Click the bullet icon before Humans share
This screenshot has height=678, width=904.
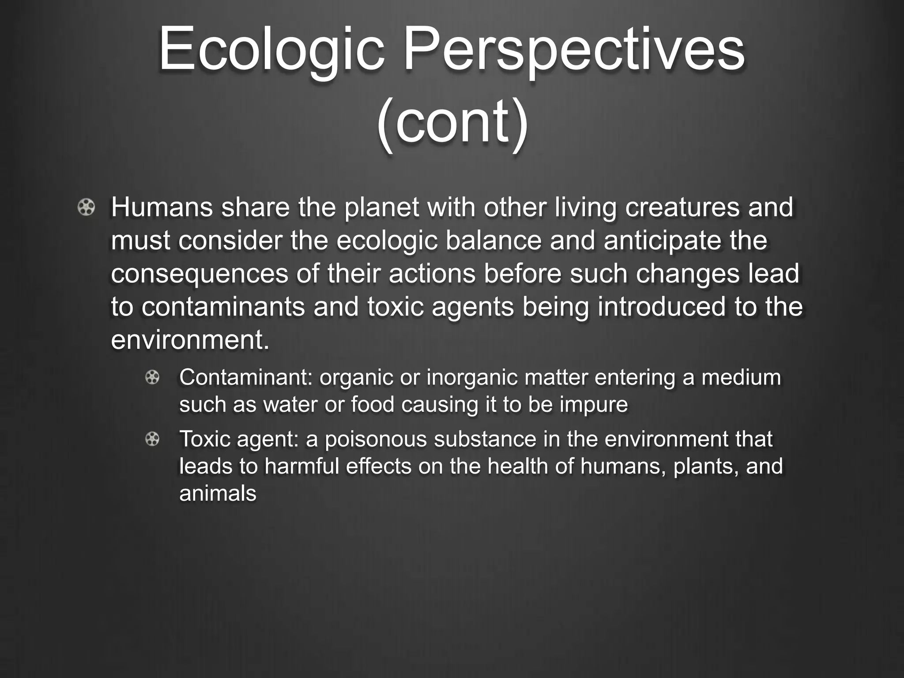point(86,207)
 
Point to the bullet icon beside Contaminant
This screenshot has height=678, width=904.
point(152,377)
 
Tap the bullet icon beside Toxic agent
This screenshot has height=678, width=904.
point(152,439)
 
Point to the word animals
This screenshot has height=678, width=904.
point(218,493)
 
